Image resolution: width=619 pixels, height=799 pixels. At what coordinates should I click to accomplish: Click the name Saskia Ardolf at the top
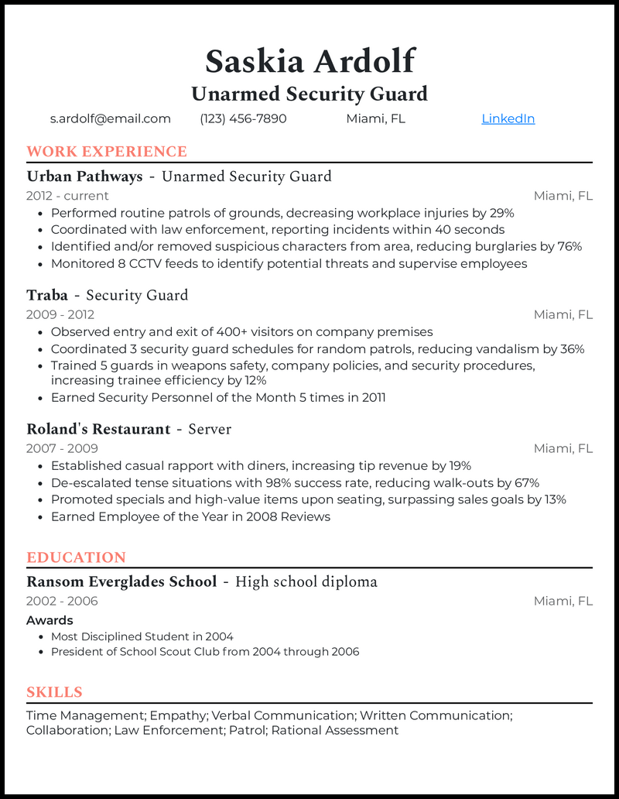[x=309, y=60]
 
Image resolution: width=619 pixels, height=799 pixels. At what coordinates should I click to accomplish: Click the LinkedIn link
[x=508, y=118]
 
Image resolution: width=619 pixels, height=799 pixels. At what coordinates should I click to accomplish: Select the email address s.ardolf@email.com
[x=110, y=118]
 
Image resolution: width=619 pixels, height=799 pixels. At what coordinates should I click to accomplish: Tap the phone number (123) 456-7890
[x=243, y=118]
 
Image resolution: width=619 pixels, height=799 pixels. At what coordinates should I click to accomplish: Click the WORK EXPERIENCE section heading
[x=107, y=152]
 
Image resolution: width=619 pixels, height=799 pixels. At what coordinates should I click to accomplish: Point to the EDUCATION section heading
[x=76, y=557]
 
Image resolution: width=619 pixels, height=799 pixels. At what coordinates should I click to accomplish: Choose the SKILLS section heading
[x=54, y=692]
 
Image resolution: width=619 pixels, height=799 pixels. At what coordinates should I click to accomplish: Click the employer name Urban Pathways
[x=84, y=177]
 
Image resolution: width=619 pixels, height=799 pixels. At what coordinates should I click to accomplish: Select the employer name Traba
[x=47, y=295]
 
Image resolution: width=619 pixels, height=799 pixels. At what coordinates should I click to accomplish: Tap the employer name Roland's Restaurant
[x=98, y=429]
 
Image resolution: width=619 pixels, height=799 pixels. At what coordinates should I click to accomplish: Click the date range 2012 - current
[x=67, y=196]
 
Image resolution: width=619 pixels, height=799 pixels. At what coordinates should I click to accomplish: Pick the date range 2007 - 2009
[x=62, y=448]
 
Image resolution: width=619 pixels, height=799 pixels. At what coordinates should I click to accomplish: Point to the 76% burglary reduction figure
[x=569, y=246]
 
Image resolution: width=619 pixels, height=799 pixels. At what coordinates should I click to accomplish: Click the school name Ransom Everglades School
[x=121, y=581]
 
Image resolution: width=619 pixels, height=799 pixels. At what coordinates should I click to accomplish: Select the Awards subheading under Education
[x=50, y=620]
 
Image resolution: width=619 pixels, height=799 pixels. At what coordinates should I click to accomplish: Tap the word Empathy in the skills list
[x=177, y=715]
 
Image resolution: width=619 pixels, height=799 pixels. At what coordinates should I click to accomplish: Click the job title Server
[x=210, y=429]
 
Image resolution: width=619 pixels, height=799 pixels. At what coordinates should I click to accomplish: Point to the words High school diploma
[x=306, y=581]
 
